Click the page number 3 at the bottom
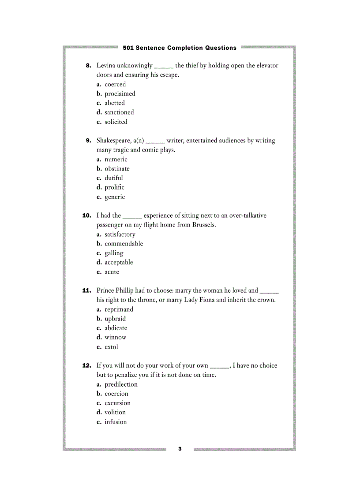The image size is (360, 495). coord(180,449)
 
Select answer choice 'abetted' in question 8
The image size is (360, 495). coord(115,103)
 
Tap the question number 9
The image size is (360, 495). coord(88,141)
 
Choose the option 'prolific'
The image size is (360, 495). coord(114,187)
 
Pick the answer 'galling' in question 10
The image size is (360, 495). coord(114,253)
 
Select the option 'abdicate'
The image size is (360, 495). coord(116,328)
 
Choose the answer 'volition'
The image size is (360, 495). coord(115,412)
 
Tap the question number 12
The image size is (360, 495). coord(87,365)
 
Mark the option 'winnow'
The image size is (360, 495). coord(115,337)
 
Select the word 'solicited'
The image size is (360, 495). coord(116,122)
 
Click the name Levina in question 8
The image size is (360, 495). coord(106,65)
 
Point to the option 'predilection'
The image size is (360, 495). coord(121,384)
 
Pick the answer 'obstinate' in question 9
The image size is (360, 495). coord(117,168)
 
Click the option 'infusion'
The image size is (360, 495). coord(116,422)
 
